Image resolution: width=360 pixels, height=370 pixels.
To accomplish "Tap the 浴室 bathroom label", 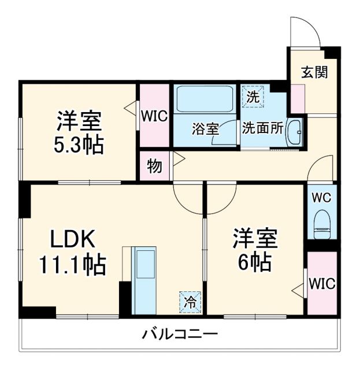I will tap(205, 129).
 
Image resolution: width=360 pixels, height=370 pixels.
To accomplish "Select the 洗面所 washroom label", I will tap(262, 128).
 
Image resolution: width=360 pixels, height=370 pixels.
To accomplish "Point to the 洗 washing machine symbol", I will tap(253, 97).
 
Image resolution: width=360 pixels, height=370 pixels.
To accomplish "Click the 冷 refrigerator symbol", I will tap(190, 301).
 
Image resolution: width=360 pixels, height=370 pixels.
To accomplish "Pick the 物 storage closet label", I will tap(154, 166).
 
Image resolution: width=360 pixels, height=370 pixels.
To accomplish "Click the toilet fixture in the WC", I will tap(321, 224).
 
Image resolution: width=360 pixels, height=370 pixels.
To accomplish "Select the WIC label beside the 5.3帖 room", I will tap(154, 116).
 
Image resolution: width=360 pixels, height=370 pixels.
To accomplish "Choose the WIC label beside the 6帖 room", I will tap(321, 284).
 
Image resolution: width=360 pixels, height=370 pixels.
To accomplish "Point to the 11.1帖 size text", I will tap(72, 265).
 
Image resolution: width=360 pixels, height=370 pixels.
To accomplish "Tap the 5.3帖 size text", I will tap(79, 145).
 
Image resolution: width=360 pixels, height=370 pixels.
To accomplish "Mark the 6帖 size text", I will tap(255, 263).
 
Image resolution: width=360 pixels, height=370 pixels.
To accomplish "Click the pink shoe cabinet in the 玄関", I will tap(298, 99).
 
